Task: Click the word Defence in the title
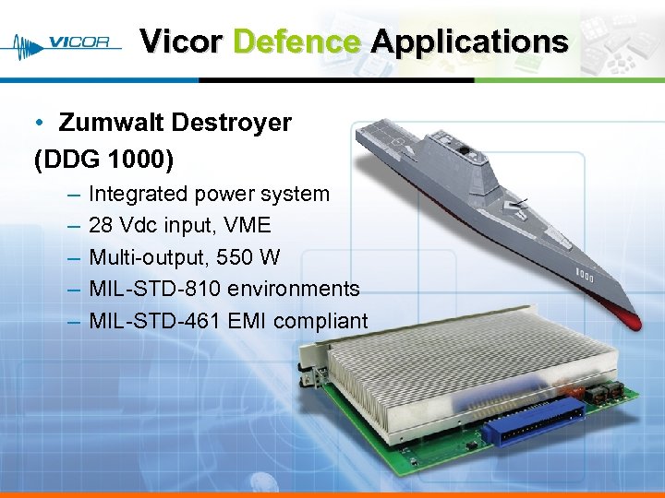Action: (x=296, y=41)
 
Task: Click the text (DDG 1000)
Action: (x=103, y=159)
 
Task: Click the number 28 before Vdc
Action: (x=101, y=226)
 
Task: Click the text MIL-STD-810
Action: (x=154, y=289)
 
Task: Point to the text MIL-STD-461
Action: (x=154, y=321)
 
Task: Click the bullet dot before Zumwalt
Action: (x=41, y=124)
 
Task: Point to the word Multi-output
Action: (x=149, y=257)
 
